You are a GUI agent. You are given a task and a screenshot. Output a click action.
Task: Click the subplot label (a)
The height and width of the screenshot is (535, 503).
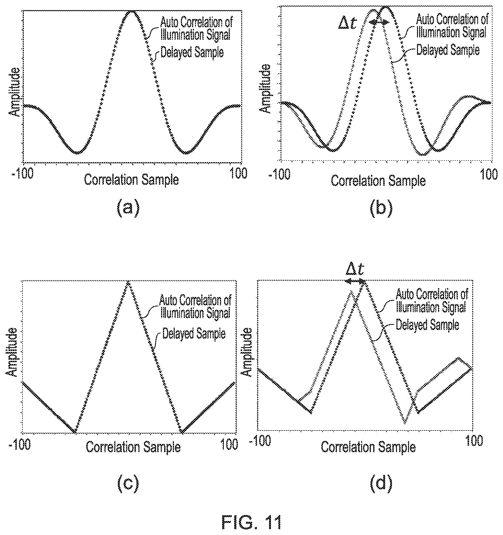pyautogui.click(x=128, y=209)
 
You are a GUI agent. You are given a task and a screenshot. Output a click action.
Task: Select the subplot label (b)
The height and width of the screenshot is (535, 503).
pyautogui.click(x=381, y=209)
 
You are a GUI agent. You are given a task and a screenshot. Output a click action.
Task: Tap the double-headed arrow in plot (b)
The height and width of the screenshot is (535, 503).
pyautogui.click(x=379, y=22)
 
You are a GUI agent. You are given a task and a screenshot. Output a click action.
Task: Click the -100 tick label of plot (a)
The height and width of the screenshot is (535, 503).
pyautogui.click(x=22, y=173)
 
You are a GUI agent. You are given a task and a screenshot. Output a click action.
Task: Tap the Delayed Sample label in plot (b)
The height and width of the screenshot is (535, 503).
pyautogui.click(x=448, y=50)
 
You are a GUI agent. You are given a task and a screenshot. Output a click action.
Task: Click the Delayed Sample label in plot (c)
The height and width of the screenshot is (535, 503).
pyautogui.click(x=194, y=334)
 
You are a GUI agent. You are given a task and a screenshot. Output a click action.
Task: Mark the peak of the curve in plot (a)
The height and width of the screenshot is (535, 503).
pyautogui.click(x=132, y=11)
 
